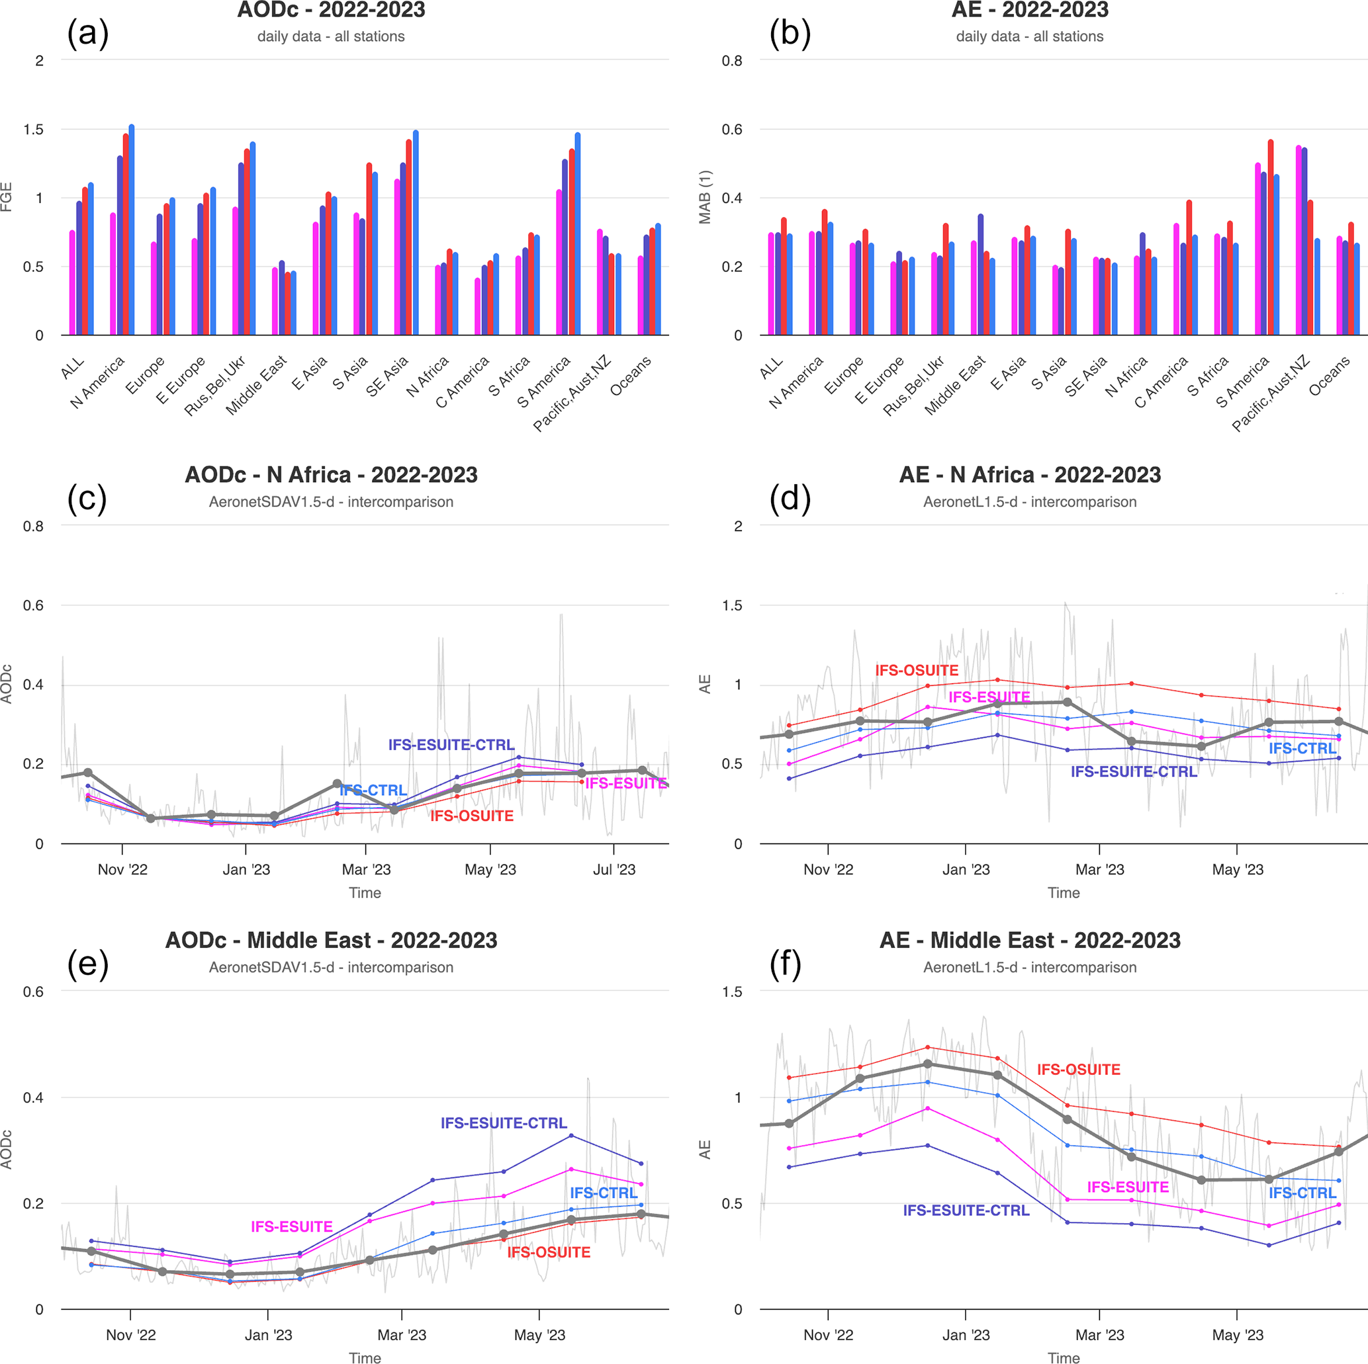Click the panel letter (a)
[x=88, y=33]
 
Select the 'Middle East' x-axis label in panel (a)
[x=256, y=385]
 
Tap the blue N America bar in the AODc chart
[x=132, y=230]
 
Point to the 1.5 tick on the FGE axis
[x=33, y=130]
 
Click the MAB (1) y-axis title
[x=705, y=198]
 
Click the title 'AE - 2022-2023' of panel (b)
[x=1030, y=10]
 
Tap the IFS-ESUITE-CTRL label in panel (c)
[x=451, y=745]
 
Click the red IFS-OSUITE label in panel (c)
[x=472, y=816]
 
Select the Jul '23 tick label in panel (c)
[x=614, y=869]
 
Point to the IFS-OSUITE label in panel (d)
[x=916, y=670]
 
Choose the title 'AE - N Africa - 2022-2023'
[x=1030, y=475]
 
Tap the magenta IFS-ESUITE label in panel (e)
[x=292, y=1226]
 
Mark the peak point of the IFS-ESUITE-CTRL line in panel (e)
[x=571, y=1136]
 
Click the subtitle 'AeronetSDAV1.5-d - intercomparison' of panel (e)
[x=331, y=968]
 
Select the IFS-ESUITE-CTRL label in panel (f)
[x=966, y=1211]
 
